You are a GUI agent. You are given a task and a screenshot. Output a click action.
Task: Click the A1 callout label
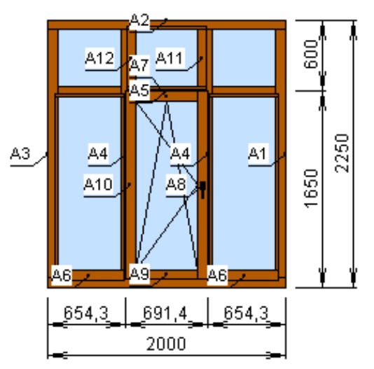[258, 153]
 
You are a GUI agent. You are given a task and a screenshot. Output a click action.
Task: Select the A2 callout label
[140, 20]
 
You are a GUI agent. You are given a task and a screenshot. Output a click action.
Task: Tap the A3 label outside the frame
[20, 153]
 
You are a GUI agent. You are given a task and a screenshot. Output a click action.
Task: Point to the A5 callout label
[140, 90]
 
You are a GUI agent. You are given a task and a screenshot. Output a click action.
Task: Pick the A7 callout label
[140, 65]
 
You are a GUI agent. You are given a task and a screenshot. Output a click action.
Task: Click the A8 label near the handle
[176, 184]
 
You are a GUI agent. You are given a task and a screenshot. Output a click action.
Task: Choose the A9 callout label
[140, 274]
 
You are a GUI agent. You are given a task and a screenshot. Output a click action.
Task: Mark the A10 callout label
[98, 184]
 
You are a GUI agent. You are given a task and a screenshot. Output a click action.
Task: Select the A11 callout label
[170, 58]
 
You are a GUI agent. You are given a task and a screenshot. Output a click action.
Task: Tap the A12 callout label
[99, 58]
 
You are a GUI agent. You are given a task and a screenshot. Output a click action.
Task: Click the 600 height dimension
[312, 55]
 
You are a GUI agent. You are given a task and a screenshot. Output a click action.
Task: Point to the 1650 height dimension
[312, 188]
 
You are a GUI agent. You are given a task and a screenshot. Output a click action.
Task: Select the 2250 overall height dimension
[342, 153]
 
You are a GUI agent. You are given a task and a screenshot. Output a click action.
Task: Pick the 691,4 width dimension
[165, 313]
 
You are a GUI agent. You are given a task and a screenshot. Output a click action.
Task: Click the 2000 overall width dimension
[166, 344]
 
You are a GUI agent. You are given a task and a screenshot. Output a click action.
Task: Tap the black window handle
[202, 190]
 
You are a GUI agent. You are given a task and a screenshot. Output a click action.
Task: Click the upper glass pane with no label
[244, 57]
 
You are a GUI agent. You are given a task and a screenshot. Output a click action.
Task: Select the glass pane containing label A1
[244, 183]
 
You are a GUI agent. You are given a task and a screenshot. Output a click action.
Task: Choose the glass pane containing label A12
[90, 57]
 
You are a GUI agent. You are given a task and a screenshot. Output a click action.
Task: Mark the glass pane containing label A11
[167, 57]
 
